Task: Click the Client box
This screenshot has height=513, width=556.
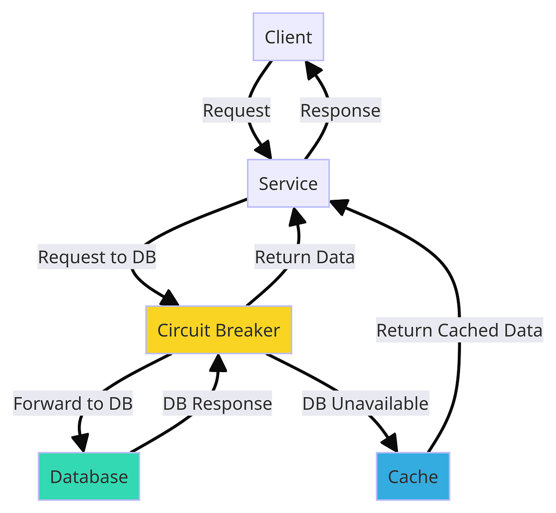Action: (x=288, y=37)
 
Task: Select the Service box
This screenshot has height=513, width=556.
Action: (x=288, y=184)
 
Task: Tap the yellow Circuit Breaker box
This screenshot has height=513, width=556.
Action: (x=219, y=330)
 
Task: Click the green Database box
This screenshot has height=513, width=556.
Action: (x=89, y=476)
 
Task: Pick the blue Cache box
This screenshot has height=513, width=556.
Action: (x=413, y=476)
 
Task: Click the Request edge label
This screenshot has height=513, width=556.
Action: (x=236, y=111)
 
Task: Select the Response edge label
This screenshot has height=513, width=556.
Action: (x=340, y=111)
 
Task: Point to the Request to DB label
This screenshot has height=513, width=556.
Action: (x=97, y=257)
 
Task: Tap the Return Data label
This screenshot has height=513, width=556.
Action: (x=304, y=257)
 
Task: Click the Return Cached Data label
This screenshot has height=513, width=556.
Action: (x=459, y=330)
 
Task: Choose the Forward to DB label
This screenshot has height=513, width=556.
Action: (x=73, y=404)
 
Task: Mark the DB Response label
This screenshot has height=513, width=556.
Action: (x=217, y=404)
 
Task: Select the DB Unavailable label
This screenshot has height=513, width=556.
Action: (x=365, y=404)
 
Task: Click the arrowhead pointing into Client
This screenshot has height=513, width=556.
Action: (x=313, y=70)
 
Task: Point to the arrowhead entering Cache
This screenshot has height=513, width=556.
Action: (x=390, y=443)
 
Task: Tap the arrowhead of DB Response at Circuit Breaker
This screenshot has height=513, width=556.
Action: (x=218, y=363)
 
